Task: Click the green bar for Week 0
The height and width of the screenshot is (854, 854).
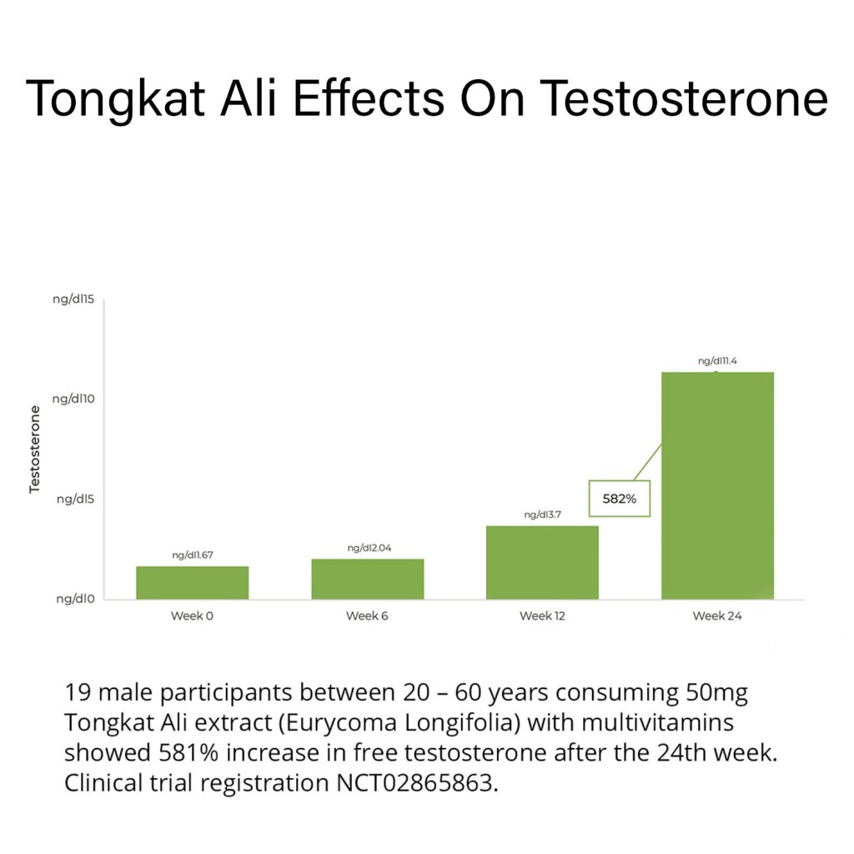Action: (192, 582)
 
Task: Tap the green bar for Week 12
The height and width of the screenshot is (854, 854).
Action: (542, 562)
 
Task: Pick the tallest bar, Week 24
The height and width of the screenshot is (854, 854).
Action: (717, 485)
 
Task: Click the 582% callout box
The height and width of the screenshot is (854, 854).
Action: (620, 499)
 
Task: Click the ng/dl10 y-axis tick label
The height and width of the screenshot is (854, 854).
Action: (74, 399)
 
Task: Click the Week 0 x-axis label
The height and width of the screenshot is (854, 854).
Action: (192, 616)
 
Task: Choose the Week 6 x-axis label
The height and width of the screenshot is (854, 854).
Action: (367, 616)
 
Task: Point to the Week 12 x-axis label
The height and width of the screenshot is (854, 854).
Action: (542, 616)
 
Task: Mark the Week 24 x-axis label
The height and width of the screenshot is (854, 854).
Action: (717, 616)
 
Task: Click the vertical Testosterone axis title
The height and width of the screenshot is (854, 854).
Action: (35, 449)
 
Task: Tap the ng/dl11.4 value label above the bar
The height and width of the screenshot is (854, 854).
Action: (717, 361)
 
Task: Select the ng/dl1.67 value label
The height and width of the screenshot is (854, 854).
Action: (193, 555)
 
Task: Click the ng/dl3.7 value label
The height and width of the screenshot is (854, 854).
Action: (542, 515)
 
